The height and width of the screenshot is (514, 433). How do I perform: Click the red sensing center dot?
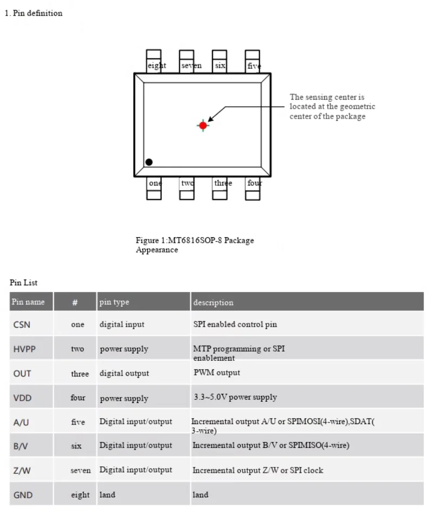pyautogui.click(x=203, y=125)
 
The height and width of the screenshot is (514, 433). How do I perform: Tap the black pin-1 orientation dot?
pyautogui.click(x=149, y=162)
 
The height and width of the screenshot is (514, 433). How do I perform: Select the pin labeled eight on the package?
pyautogui.click(x=154, y=61)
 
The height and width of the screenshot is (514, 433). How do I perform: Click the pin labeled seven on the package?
pyautogui.click(x=187, y=61)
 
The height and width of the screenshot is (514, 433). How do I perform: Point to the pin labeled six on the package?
pyautogui.click(x=219, y=61)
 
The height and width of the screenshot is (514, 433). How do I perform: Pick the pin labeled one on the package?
pyautogui.click(x=154, y=188)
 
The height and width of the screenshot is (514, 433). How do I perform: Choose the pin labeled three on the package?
pyautogui.click(x=220, y=188)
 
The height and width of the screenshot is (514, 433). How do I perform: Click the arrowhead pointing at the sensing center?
pyautogui.click(x=211, y=118)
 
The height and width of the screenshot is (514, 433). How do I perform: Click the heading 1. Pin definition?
pyautogui.click(x=34, y=13)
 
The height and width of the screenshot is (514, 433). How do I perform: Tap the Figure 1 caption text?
pyautogui.click(x=195, y=245)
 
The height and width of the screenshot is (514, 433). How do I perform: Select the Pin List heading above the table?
pyautogui.click(x=24, y=283)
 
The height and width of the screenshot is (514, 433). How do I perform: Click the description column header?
pyautogui.click(x=213, y=302)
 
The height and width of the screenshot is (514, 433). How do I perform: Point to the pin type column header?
pyautogui.click(x=114, y=302)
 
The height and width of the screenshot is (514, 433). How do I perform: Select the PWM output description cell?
pyautogui.click(x=217, y=373)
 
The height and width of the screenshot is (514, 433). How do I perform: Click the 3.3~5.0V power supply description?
pyautogui.click(x=235, y=398)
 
